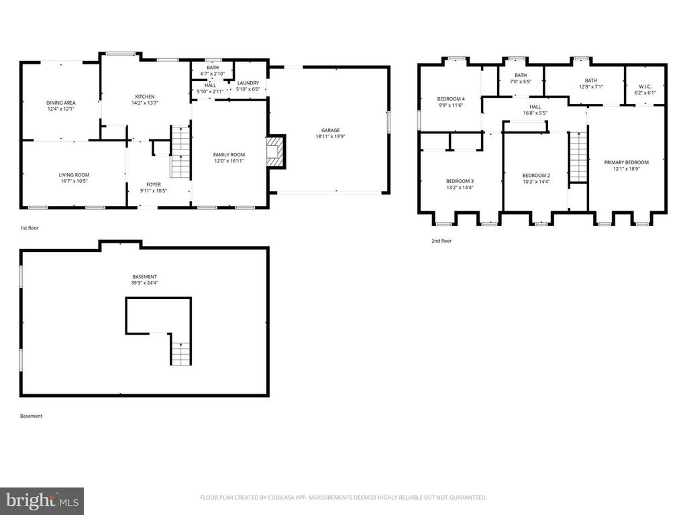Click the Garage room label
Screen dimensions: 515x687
pyautogui.click(x=329, y=130)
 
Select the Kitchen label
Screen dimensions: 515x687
pyautogui.click(x=145, y=97)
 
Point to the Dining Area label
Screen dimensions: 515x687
pyautogui.click(x=61, y=103)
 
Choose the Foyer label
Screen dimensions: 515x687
pyautogui.click(x=154, y=184)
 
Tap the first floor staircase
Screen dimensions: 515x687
pyautogui.click(x=180, y=152)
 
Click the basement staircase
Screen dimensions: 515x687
pyautogui.click(x=180, y=353)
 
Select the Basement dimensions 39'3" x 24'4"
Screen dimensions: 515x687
pyautogui.click(x=144, y=283)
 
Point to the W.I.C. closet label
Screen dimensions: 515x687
pyautogui.click(x=646, y=85)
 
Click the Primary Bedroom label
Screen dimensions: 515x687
pyautogui.click(x=627, y=162)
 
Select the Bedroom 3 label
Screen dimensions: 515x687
pyautogui.click(x=460, y=181)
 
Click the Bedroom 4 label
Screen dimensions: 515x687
pyautogui.click(x=451, y=99)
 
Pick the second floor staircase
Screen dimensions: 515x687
pyautogui.click(x=578, y=157)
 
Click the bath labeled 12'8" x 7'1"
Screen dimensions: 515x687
pyautogui.click(x=590, y=80)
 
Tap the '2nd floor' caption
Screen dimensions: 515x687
pyautogui.click(x=441, y=240)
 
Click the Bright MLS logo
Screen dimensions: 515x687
pyautogui.click(x=42, y=500)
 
